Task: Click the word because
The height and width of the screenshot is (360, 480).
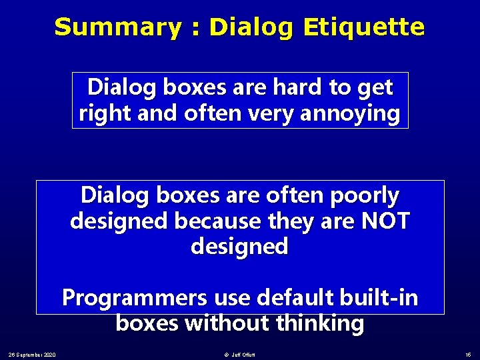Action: [212, 221]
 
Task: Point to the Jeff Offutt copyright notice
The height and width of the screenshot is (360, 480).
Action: [241, 353]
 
